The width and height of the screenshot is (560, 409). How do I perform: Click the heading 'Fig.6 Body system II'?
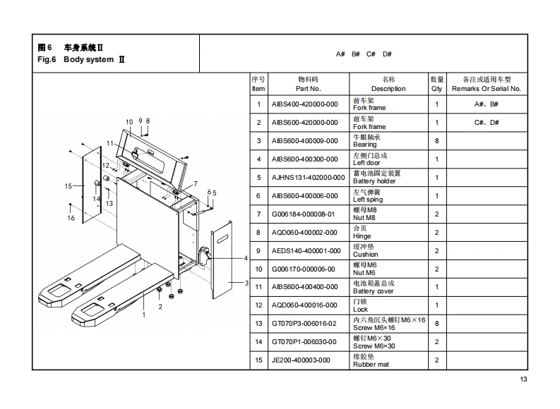coord(81,60)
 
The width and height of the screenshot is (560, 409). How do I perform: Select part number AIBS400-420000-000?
coord(305,104)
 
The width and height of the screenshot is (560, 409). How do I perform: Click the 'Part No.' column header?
coord(308,89)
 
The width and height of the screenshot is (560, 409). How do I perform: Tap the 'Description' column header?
coord(388,89)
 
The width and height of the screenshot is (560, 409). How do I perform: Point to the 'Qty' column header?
coord(436,89)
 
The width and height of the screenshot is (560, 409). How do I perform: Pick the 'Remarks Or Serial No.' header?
coord(486,89)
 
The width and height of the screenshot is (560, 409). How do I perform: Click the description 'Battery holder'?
coord(374,181)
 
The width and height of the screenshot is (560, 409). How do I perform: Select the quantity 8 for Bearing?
coord(436,141)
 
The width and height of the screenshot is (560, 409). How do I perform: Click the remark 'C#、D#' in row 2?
coord(486,123)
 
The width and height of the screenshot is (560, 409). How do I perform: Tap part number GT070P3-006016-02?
coord(305,324)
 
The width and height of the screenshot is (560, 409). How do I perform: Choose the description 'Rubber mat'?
coord(371,365)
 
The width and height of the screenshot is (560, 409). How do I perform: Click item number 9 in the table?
coord(258,250)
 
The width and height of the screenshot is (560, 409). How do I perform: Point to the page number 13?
coord(523,381)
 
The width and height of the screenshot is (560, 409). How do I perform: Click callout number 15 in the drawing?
coord(68,186)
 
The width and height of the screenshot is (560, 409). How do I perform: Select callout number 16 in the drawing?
coord(71,218)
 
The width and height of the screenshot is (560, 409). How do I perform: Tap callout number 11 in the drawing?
coord(109,143)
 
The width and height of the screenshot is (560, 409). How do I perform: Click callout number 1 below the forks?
coord(144,315)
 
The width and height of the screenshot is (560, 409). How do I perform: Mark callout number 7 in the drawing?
coord(195,183)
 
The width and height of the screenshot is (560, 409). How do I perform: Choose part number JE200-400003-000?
coord(301,360)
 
